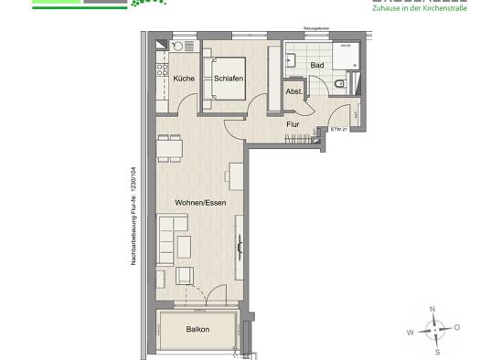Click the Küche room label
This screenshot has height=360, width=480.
pos(184,79)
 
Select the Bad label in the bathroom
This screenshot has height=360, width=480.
pos(316,66)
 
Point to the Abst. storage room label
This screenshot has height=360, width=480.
pos(293,91)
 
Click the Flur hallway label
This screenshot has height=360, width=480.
pos(293,123)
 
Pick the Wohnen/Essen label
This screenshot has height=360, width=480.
pos(200,202)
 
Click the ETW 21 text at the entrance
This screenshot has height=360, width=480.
pos(338,130)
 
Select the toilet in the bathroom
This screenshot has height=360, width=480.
pos(339,85)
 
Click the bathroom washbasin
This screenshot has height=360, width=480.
pos(292,58)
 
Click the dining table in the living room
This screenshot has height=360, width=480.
pos(170,146)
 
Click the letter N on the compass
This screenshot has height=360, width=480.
pos(433,309)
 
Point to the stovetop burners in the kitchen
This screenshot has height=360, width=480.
pos(162,69)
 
